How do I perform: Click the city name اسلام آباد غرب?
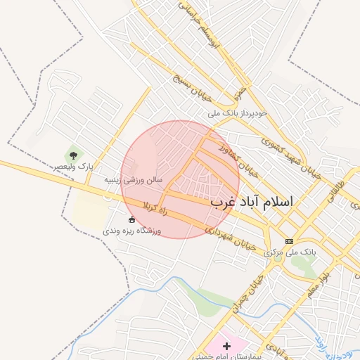[251, 202]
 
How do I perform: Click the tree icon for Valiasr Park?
[72, 154]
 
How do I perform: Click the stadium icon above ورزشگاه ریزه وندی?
[131, 219]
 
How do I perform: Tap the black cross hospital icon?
[226, 346]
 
